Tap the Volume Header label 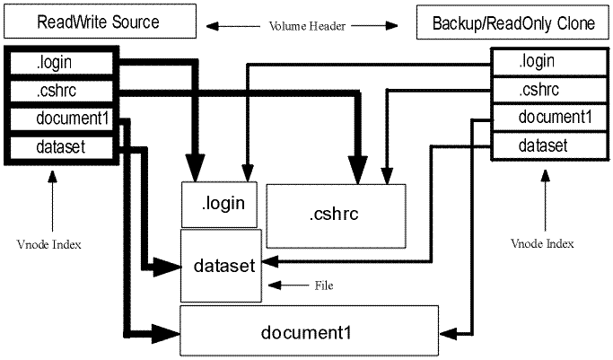click(305, 26)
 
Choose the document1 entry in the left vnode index click(62, 119)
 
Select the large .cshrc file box click(336, 215)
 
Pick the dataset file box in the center click(221, 266)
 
